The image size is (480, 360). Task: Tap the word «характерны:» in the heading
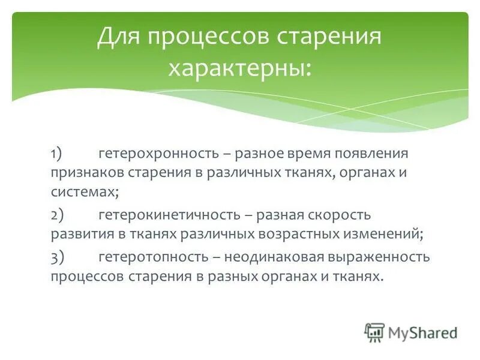240,67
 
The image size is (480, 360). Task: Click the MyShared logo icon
374,332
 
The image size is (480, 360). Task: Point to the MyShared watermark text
422,332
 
